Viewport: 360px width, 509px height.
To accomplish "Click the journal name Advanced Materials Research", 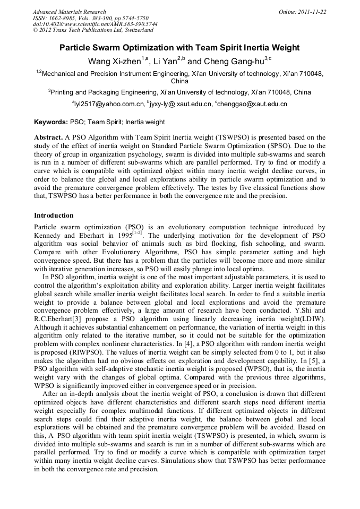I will [69, 12].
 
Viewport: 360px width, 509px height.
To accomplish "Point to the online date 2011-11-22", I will [313, 12].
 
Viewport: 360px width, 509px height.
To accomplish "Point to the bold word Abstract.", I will [48, 137].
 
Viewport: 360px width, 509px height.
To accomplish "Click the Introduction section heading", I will [54, 215].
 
